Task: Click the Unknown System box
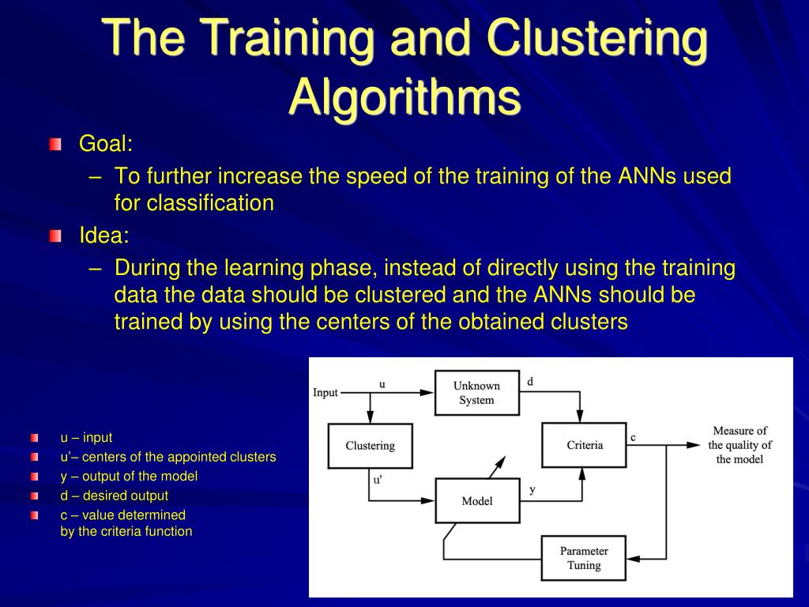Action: pos(476,393)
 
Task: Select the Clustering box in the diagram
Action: pos(370,446)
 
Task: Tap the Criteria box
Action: pos(585,445)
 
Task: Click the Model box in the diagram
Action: pos(476,501)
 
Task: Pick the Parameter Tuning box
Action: pos(584,558)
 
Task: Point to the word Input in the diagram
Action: pos(325,393)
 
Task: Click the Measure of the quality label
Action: pos(739,445)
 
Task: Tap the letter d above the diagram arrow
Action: pos(530,382)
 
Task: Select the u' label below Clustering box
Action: pos(378,480)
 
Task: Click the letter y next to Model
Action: pos(532,490)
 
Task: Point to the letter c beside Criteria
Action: pos(633,437)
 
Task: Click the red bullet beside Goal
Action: pos(55,145)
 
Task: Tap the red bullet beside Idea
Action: pos(55,236)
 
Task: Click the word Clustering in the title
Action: pos(597,38)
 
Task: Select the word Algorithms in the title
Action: pos(404,96)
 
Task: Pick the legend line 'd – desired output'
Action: pos(115,496)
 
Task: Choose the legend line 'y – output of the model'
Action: pos(129,476)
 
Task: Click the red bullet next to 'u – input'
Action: pos(35,438)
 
